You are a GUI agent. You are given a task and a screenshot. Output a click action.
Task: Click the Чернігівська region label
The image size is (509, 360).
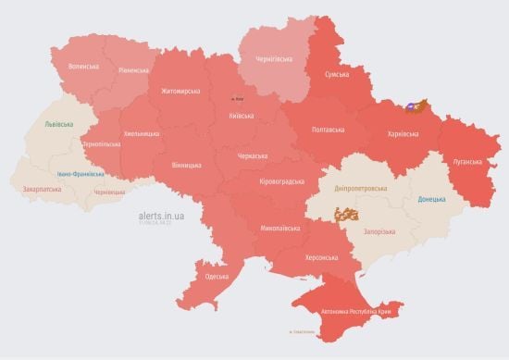pyautogui.click(x=274, y=60)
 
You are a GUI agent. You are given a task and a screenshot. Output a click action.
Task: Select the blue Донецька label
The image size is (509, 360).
pyautogui.click(x=431, y=199)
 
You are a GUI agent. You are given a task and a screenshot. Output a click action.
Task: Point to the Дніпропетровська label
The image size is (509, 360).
pyautogui.click(x=361, y=188)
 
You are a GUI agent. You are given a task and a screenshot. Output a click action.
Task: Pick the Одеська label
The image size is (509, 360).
pyautogui.click(x=217, y=277)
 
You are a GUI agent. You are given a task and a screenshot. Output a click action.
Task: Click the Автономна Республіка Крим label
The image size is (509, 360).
pyautogui.click(x=356, y=312)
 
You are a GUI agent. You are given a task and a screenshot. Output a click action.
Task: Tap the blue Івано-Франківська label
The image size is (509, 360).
pyautogui.click(x=79, y=173)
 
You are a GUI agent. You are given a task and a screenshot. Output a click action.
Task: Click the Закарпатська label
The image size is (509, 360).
pyautogui.click(x=39, y=190)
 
